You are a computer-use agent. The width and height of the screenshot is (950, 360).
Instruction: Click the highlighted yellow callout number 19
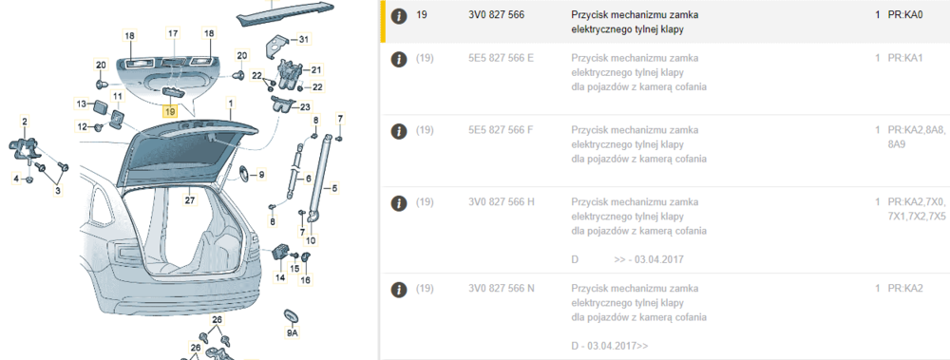(170, 111)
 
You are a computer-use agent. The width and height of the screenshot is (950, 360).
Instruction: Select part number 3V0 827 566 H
(502, 201)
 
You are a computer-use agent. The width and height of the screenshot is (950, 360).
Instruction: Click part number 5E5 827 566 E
(501, 58)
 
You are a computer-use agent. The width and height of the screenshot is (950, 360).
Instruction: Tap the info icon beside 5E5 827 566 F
(398, 131)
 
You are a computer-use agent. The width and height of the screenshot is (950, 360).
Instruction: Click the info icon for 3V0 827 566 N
(398, 289)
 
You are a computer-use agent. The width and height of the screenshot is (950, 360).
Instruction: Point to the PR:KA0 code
(905, 14)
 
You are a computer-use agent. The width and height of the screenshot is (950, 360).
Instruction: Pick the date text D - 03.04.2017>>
(610, 346)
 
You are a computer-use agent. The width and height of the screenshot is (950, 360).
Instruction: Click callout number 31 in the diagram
(304, 39)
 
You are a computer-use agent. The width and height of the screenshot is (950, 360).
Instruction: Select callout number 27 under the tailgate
(189, 200)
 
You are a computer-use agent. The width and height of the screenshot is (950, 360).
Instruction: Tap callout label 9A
(293, 333)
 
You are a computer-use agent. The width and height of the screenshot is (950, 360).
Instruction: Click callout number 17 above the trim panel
(173, 33)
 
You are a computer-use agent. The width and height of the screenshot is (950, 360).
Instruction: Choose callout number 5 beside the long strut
(334, 188)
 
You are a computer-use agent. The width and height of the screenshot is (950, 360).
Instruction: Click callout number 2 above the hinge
(25, 123)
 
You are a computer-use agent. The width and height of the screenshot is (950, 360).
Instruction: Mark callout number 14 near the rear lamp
(280, 277)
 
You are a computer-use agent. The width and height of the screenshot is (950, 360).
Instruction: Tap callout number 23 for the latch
(305, 107)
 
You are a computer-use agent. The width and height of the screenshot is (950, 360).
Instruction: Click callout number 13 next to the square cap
(81, 104)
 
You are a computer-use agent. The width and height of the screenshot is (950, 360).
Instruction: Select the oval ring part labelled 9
(241, 173)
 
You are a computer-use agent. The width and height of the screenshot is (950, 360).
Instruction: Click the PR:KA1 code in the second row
(905, 58)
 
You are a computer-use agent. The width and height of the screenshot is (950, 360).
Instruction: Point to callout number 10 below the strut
(311, 240)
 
